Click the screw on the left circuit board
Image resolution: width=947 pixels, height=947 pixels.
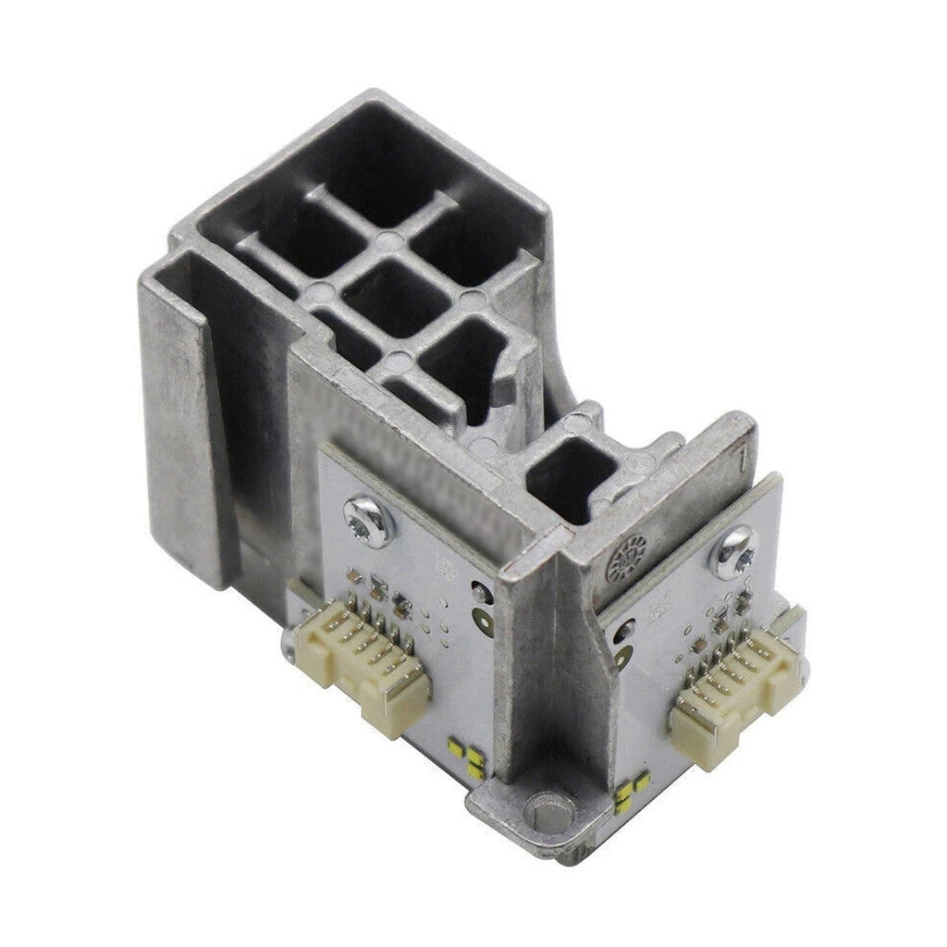(368, 520)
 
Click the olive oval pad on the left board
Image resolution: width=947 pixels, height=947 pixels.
(483, 622)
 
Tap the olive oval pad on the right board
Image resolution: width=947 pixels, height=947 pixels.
(622, 658)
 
